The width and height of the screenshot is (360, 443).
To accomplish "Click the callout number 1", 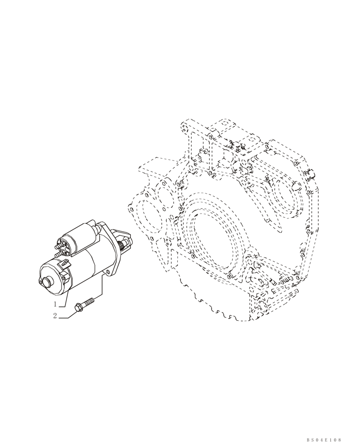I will pyautogui.click(x=55, y=304).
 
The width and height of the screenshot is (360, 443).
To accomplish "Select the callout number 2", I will pyautogui.click(x=55, y=316).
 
